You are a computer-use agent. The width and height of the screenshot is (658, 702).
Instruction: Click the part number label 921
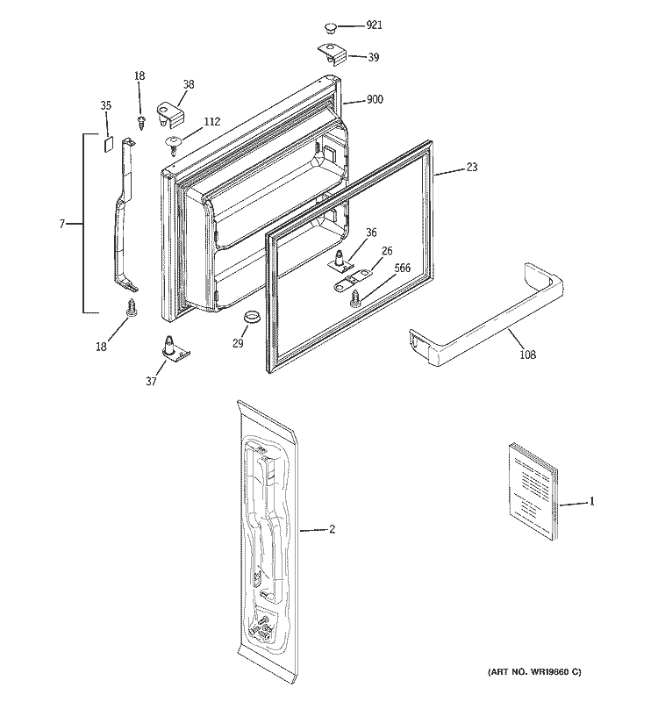coord(375,26)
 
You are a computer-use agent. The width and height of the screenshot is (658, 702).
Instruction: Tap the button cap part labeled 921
coord(333,26)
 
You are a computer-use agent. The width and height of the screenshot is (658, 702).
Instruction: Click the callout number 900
coord(375,101)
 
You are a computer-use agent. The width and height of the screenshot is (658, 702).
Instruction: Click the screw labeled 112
coord(173,140)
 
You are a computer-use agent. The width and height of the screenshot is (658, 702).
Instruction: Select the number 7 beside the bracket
coord(62,225)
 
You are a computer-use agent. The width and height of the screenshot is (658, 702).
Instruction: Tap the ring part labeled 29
coord(250,317)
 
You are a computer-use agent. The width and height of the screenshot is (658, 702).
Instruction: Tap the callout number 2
coord(333,529)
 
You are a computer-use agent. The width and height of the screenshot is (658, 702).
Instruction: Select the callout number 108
coord(527,355)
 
